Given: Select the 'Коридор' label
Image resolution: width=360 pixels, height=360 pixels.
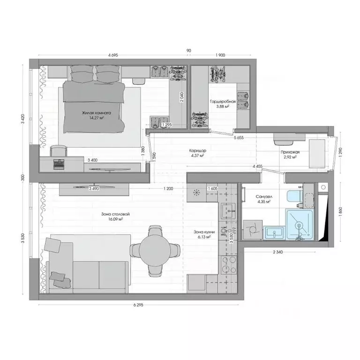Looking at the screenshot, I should click(197, 150).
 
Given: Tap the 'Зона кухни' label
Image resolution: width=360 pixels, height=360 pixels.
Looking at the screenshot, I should click(203, 232).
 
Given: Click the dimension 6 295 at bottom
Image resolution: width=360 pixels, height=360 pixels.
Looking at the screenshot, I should click(137, 305).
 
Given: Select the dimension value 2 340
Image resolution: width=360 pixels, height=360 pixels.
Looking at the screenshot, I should click(280, 252).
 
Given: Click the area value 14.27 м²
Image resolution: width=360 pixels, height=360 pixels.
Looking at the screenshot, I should click(96, 118).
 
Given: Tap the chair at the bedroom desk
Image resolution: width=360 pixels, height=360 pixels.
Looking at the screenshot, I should click(59, 150).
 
